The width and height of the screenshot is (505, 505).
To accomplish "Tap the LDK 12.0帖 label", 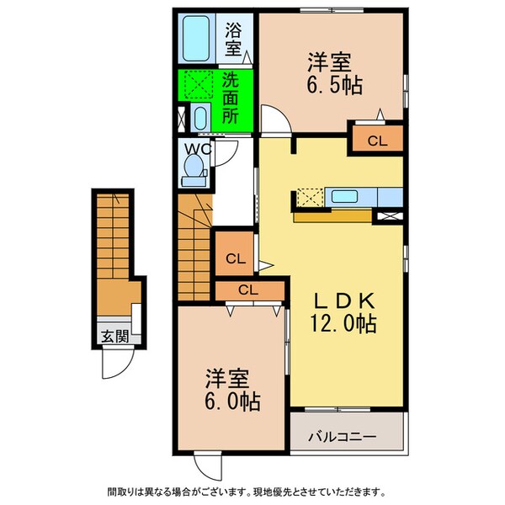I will point(345,312).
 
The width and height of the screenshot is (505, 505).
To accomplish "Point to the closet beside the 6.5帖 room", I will point(376,141).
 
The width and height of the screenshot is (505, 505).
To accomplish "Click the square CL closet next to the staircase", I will point(236,258).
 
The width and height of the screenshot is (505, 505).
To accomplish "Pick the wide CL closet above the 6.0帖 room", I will point(247,290).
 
